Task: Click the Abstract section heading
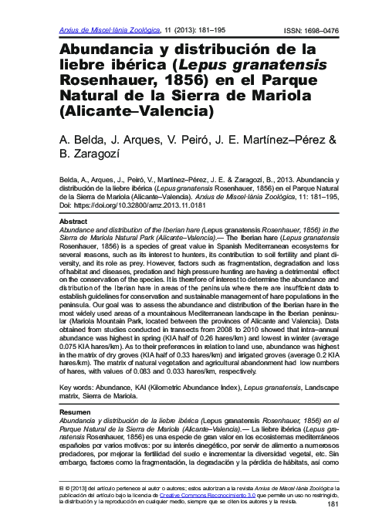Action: (74, 221)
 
